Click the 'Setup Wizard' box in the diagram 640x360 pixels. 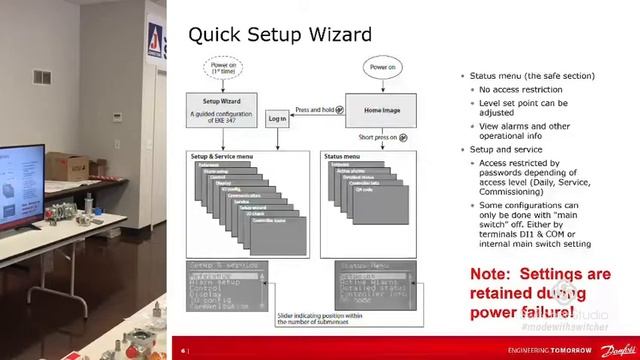click(x=221, y=106)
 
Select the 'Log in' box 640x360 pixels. click(x=277, y=118)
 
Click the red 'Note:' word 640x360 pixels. click(x=490, y=274)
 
